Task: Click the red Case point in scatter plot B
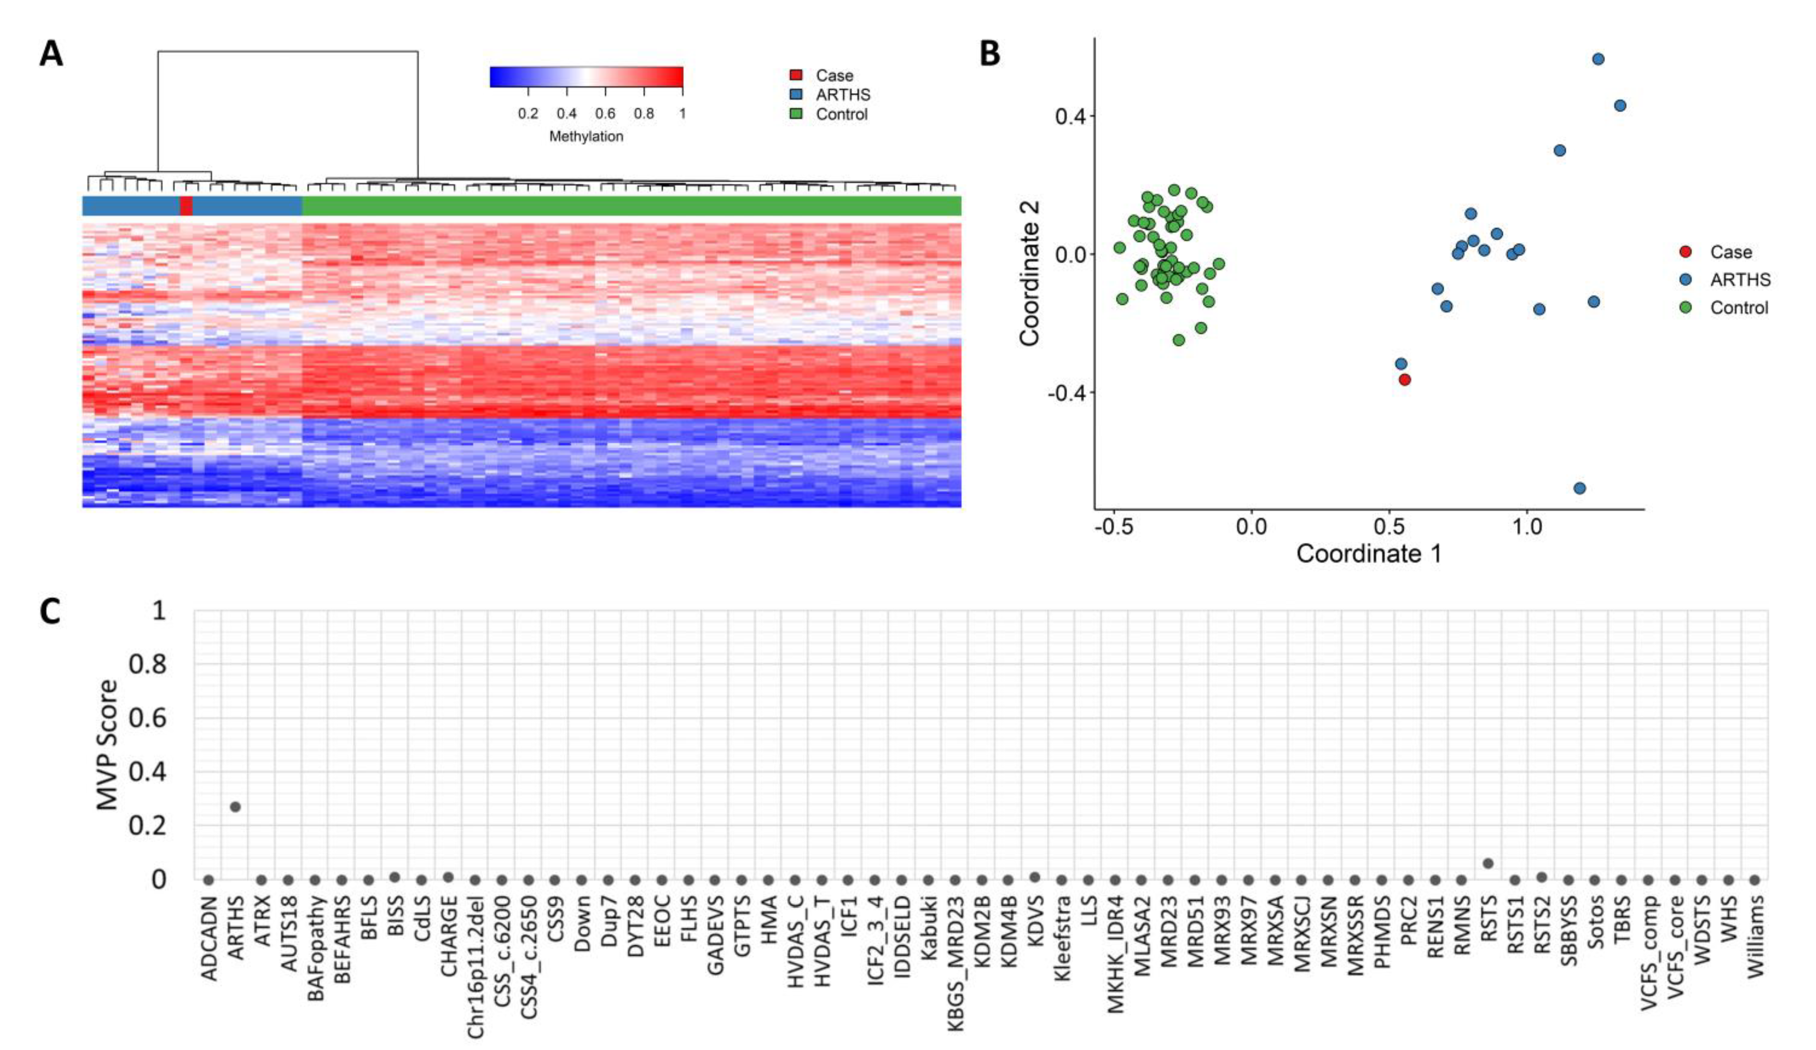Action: pyautogui.click(x=1404, y=379)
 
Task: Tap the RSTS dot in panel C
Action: pyautogui.click(x=1488, y=863)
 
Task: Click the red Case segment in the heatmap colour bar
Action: pyautogui.click(x=186, y=206)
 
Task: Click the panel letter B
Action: pyautogui.click(x=990, y=53)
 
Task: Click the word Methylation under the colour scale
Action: pyautogui.click(x=586, y=136)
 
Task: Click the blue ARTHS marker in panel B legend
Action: pyautogui.click(x=1686, y=280)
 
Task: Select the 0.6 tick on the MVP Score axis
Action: pyautogui.click(x=147, y=718)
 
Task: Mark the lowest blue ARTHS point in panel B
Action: pyautogui.click(x=1580, y=488)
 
